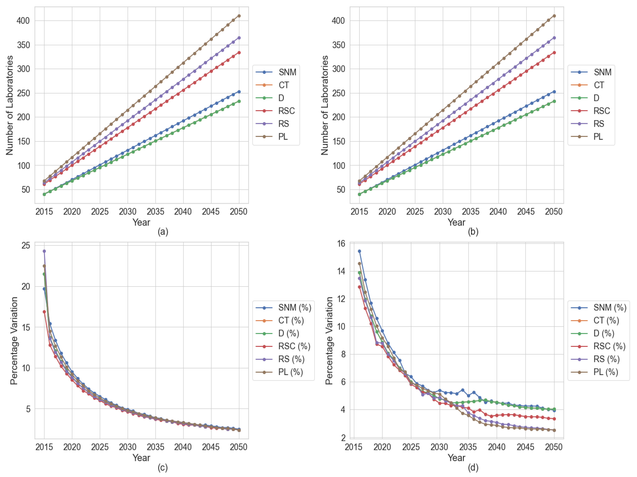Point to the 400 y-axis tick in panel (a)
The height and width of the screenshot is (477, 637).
(23, 21)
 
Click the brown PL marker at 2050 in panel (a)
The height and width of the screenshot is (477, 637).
(239, 16)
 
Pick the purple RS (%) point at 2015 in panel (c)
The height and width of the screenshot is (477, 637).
(44, 251)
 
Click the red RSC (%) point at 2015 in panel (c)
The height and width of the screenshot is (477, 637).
(44, 312)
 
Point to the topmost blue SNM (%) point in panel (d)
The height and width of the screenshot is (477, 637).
(359, 251)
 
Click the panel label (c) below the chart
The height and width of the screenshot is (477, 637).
(163, 468)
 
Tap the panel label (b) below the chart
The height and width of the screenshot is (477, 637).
(473, 232)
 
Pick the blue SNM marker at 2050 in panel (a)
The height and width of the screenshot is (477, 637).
(239, 92)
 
